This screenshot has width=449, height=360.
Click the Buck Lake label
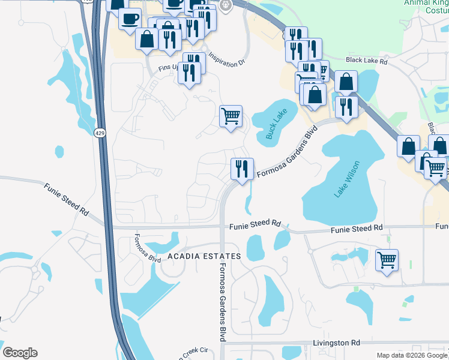(278, 124)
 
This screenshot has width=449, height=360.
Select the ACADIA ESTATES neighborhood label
(203, 256)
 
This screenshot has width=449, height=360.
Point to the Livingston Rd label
(336, 343)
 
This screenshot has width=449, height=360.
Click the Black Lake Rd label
(367, 61)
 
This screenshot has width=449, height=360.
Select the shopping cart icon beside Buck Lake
(231, 115)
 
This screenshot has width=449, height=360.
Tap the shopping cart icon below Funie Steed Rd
(387, 260)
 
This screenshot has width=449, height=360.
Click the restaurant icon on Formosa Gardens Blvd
(242, 169)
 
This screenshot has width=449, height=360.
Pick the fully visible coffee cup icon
(130, 19)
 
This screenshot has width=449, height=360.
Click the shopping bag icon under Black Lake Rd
(346, 82)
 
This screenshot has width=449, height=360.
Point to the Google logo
(20, 352)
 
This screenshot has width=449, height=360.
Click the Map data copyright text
(411, 355)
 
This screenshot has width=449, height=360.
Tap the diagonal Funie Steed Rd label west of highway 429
(66, 200)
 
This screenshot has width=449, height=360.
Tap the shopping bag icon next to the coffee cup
(147, 39)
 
